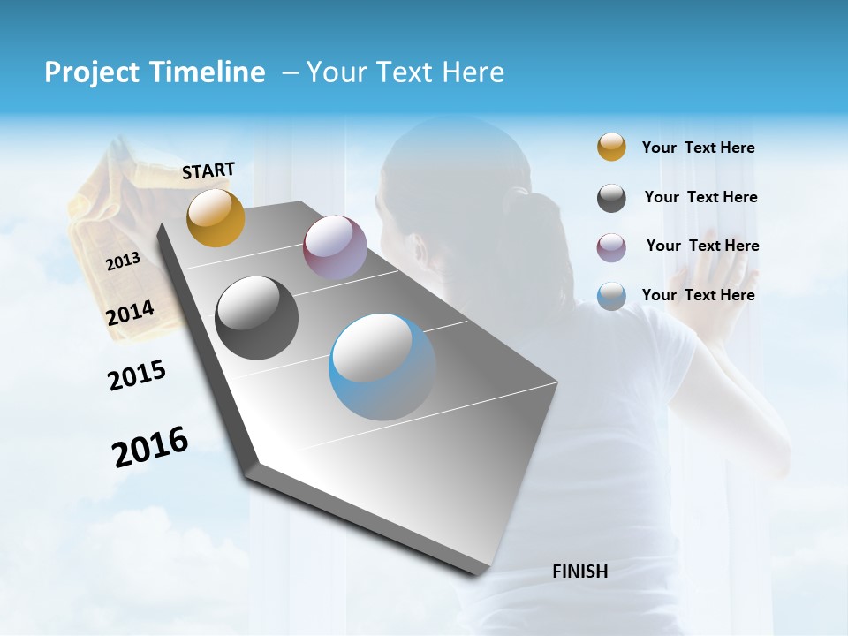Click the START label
[208, 170]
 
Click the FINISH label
[579, 572]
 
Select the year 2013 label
[123, 261]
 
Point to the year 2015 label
[137, 375]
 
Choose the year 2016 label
[150, 446]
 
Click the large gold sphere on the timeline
[216, 217]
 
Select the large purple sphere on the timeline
[335, 247]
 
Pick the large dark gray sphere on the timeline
[257, 318]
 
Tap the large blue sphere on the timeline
[382, 367]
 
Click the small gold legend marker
[611, 147]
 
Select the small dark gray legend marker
[611, 198]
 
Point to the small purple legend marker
[611, 247]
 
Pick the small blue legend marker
[611, 296]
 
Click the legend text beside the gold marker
[698, 148]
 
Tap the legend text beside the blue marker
[698, 295]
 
